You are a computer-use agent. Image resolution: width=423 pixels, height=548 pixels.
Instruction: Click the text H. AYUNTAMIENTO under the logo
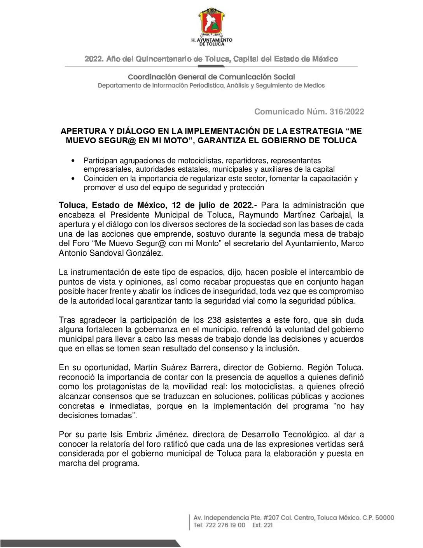tap(212, 40)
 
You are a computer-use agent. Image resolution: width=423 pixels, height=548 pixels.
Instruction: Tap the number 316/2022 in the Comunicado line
tap(347, 112)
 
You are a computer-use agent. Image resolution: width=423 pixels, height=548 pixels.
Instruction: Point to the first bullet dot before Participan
tap(73, 161)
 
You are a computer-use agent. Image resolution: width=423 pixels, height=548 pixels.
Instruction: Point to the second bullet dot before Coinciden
tap(73, 179)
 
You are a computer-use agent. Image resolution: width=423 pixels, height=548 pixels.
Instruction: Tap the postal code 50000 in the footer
tap(384, 518)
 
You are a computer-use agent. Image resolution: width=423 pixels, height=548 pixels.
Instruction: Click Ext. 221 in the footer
tap(262, 525)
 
